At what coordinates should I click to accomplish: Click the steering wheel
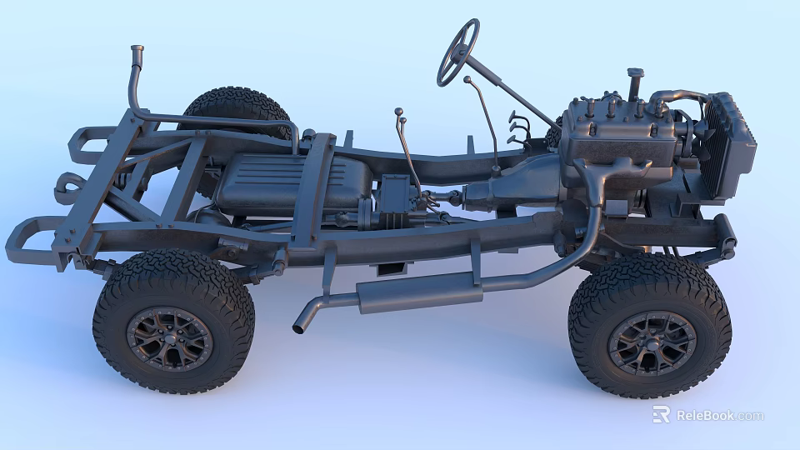[458, 52]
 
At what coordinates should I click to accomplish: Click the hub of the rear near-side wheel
[170, 338]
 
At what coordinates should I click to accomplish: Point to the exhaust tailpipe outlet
[299, 327]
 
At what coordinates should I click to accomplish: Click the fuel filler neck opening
[137, 50]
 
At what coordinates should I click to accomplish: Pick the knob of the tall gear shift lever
[467, 80]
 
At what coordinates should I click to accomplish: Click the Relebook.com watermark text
[719, 415]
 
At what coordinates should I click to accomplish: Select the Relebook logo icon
[661, 414]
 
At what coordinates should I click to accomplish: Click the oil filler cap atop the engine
[635, 75]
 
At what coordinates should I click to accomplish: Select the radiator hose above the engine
[679, 97]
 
